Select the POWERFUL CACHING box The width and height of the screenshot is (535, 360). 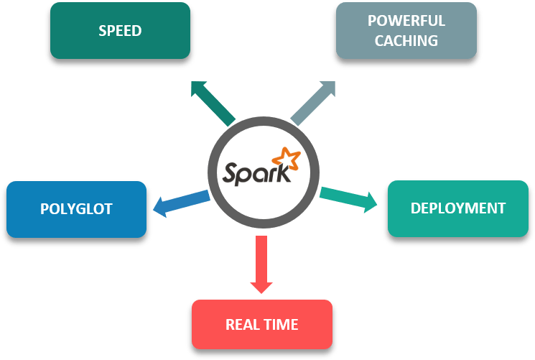pos(406,31)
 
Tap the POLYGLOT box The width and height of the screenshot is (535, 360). pos(76,209)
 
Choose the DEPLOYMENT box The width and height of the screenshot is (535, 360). pos(457,208)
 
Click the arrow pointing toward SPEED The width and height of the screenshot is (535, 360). pos(212,103)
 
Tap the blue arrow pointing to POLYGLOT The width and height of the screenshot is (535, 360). pos(182,203)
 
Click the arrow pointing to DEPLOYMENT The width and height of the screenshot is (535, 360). pos(348,198)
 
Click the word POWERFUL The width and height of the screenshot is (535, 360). pos(406,21)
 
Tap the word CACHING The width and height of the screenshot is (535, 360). pos(406,41)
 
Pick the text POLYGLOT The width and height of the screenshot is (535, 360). pos(76,209)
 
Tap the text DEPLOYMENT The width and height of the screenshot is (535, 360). pos(457,208)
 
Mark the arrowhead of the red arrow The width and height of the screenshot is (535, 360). pos(261,285)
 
